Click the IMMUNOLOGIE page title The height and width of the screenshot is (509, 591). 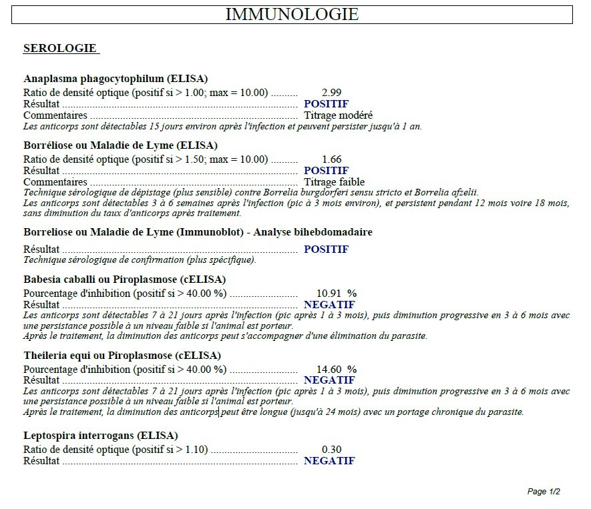pos(292,14)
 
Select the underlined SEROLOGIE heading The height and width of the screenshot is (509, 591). pos(60,49)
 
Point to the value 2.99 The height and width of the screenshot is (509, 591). pos(332,93)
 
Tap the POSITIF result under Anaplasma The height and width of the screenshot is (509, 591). pos(326,104)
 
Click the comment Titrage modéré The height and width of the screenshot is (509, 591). pos(339,115)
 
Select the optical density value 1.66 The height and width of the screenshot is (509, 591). pos(332,159)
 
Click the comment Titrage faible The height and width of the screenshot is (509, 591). pos(335,182)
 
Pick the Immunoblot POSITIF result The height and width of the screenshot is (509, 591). pos(326,249)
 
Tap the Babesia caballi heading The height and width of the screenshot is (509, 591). pos(124,279)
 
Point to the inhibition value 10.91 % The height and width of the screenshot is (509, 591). pos(336,293)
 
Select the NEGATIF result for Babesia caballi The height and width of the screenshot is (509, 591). pos(329,304)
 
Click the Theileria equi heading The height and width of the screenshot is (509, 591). pos(122,356)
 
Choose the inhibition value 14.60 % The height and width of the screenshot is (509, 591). pos(336,369)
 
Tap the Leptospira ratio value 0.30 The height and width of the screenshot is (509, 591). pos(332,450)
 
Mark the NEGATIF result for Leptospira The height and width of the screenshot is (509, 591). pos(329,461)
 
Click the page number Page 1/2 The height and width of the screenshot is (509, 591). pos(544,492)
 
